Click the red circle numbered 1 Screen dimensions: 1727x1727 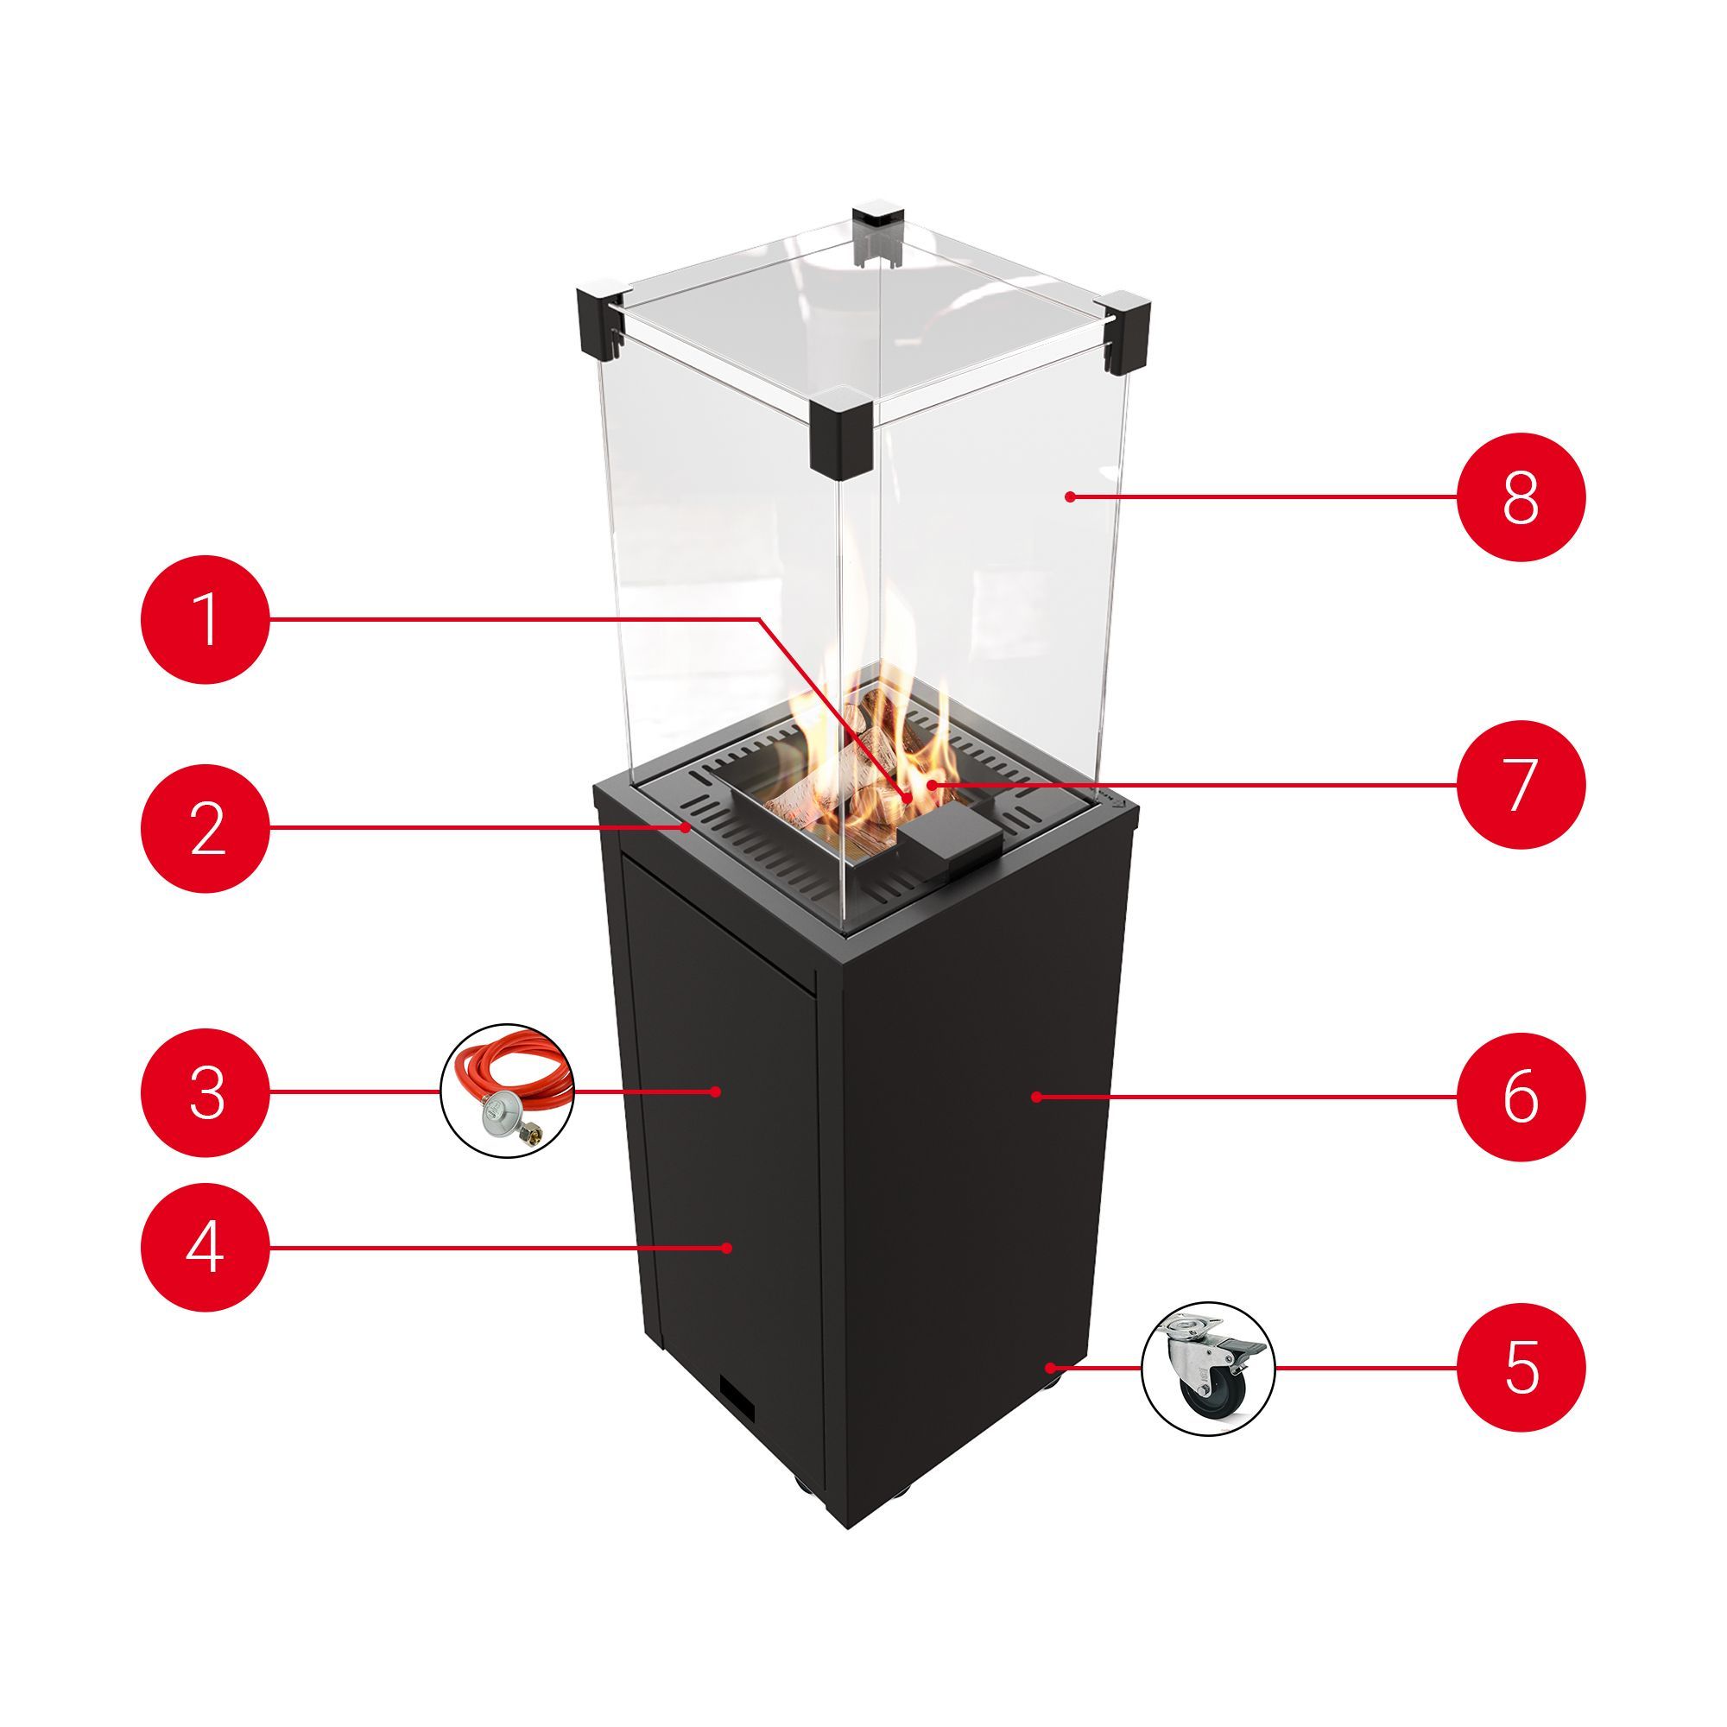206,619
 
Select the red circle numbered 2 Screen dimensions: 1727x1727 206,828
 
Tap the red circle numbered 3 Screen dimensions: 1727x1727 206,1091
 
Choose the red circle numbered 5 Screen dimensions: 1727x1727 1521,1368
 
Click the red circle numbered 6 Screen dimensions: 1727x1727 1521,1097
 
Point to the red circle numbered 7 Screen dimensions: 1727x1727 1521,785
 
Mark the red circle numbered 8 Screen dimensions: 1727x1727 1521,497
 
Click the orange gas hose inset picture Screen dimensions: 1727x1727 508,1091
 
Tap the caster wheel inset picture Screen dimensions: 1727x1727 1209,1369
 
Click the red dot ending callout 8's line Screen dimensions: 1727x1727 1068,497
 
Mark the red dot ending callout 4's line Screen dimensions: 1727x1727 728,1248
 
